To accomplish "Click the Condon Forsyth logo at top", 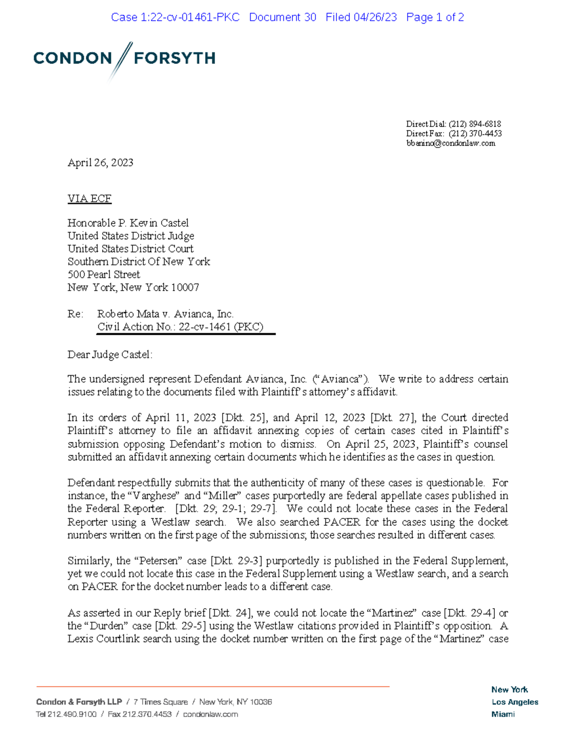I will click(124, 59).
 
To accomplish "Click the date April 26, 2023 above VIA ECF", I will click(100, 162).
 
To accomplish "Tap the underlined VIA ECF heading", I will click(89, 198).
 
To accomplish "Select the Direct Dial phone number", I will click(474, 124).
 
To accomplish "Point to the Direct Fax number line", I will click(454, 134).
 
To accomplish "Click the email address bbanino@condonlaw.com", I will click(450, 143).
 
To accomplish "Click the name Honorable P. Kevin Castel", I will click(128, 223).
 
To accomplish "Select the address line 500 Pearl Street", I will click(104, 274).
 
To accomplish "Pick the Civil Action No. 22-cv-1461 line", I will click(180, 327).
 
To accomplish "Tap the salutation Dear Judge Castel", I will click(109, 355).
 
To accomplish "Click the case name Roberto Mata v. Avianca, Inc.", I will click(165, 314).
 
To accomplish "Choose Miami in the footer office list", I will click(503, 714).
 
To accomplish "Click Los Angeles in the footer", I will click(515, 702).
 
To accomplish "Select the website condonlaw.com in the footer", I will click(210, 714).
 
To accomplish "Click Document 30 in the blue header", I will click(282, 17).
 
